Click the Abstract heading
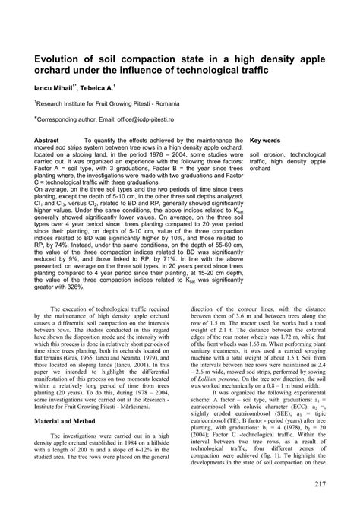click(48, 141)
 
